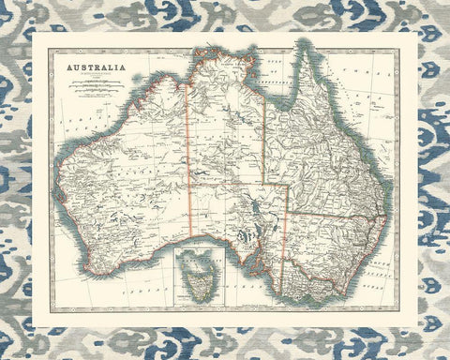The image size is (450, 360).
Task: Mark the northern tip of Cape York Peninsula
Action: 306,41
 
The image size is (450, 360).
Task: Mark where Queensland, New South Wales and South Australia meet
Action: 286,214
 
